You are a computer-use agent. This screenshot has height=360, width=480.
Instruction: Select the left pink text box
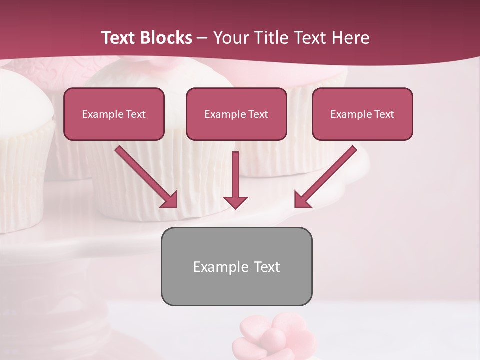(x=114, y=114)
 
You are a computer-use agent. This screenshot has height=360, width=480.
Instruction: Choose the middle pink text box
(x=236, y=114)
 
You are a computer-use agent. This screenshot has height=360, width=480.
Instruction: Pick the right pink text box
(x=362, y=114)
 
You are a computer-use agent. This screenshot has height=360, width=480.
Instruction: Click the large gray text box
(x=236, y=266)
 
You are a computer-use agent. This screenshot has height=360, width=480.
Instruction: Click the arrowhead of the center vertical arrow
(x=235, y=202)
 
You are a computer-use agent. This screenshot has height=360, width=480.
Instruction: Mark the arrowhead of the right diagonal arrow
(x=302, y=200)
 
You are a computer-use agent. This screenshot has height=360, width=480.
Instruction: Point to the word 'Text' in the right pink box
(x=384, y=114)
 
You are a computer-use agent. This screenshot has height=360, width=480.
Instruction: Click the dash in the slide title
(x=202, y=38)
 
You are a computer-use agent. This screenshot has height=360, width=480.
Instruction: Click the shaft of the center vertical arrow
(x=235, y=172)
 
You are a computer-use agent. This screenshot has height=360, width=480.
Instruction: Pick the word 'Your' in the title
(x=230, y=38)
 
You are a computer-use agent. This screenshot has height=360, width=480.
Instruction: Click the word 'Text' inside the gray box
(x=267, y=267)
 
